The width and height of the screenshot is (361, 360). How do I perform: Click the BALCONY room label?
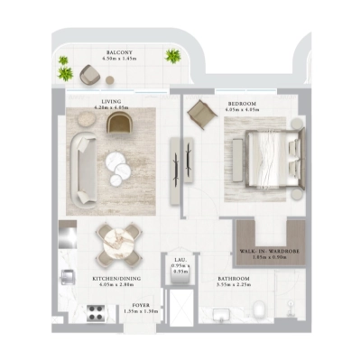pyautogui.click(x=120, y=53)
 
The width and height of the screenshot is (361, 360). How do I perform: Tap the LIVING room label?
pyautogui.click(x=112, y=103)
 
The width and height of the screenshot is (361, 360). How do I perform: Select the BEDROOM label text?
pyautogui.click(x=241, y=105)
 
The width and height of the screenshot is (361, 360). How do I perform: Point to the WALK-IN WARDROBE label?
pyautogui.click(x=263, y=253)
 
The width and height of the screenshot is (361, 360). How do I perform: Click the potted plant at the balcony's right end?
pyautogui.click(x=171, y=56)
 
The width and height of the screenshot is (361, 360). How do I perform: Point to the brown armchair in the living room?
pyautogui.click(x=119, y=124)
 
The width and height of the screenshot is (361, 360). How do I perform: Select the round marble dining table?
pyautogui.click(x=118, y=241)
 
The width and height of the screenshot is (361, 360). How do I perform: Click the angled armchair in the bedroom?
pyautogui.click(x=199, y=113)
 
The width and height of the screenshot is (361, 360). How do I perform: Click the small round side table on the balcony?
pyautogui.click(x=110, y=80)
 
